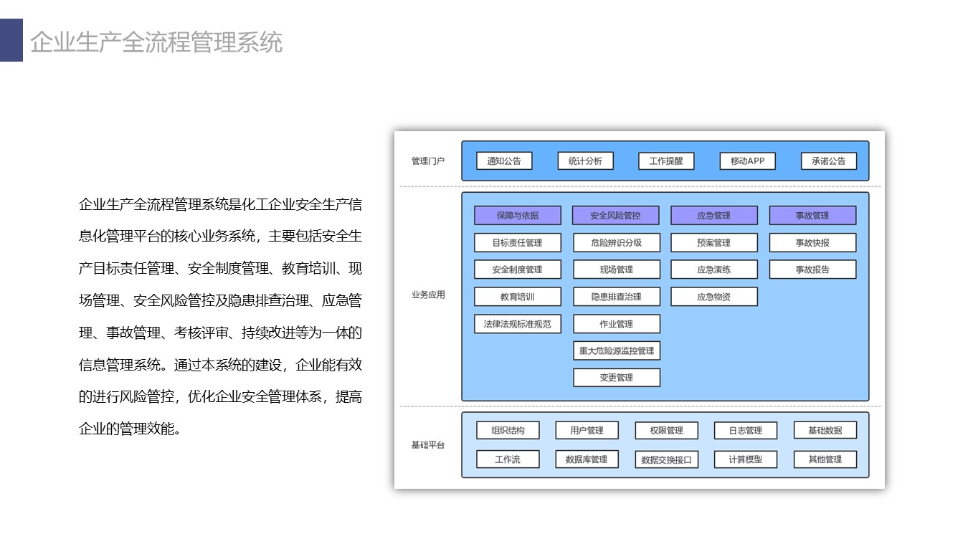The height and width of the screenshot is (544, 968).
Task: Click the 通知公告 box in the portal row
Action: [x=504, y=161]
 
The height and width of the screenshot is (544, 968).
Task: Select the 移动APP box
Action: [x=747, y=161]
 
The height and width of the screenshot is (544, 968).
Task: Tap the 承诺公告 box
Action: [x=828, y=161]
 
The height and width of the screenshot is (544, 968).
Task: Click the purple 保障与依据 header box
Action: [x=517, y=215]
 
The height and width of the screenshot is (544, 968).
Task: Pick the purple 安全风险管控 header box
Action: [x=616, y=215]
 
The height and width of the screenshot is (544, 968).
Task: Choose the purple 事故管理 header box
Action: [x=812, y=215]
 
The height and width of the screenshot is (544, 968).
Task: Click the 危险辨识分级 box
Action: [x=617, y=242]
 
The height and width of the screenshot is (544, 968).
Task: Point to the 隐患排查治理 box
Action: [x=617, y=297]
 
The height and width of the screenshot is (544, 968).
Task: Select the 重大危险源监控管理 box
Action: [x=617, y=350]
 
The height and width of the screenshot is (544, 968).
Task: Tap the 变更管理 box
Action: [x=617, y=377]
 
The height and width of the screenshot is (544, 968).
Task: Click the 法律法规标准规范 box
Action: [x=517, y=324]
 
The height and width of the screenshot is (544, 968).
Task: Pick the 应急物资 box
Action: [x=714, y=297]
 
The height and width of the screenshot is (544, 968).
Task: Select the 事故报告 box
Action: [x=812, y=269]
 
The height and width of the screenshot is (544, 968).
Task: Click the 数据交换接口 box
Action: [x=666, y=459]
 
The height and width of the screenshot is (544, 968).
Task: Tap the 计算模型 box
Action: [x=746, y=459]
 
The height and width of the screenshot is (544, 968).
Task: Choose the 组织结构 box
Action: [x=508, y=430]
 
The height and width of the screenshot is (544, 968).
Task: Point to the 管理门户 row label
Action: [x=428, y=161]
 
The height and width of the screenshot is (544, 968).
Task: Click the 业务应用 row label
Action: [x=428, y=295]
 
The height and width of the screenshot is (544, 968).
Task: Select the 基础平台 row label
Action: [x=428, y=445]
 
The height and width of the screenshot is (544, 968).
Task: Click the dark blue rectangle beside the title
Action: [x=11, y=40]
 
